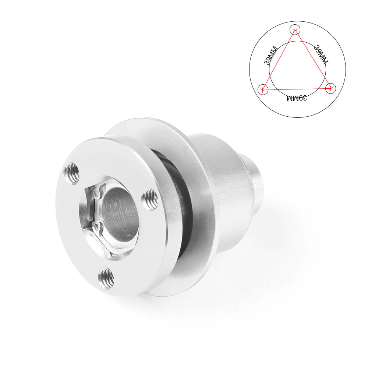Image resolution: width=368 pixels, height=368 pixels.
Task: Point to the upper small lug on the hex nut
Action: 96,192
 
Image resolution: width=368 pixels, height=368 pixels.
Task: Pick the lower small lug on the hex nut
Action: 96,226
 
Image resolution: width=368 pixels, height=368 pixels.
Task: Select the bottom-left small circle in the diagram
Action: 263,89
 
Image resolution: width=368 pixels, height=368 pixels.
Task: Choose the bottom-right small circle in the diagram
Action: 331,88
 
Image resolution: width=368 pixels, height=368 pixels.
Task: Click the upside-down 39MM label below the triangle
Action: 297,98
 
